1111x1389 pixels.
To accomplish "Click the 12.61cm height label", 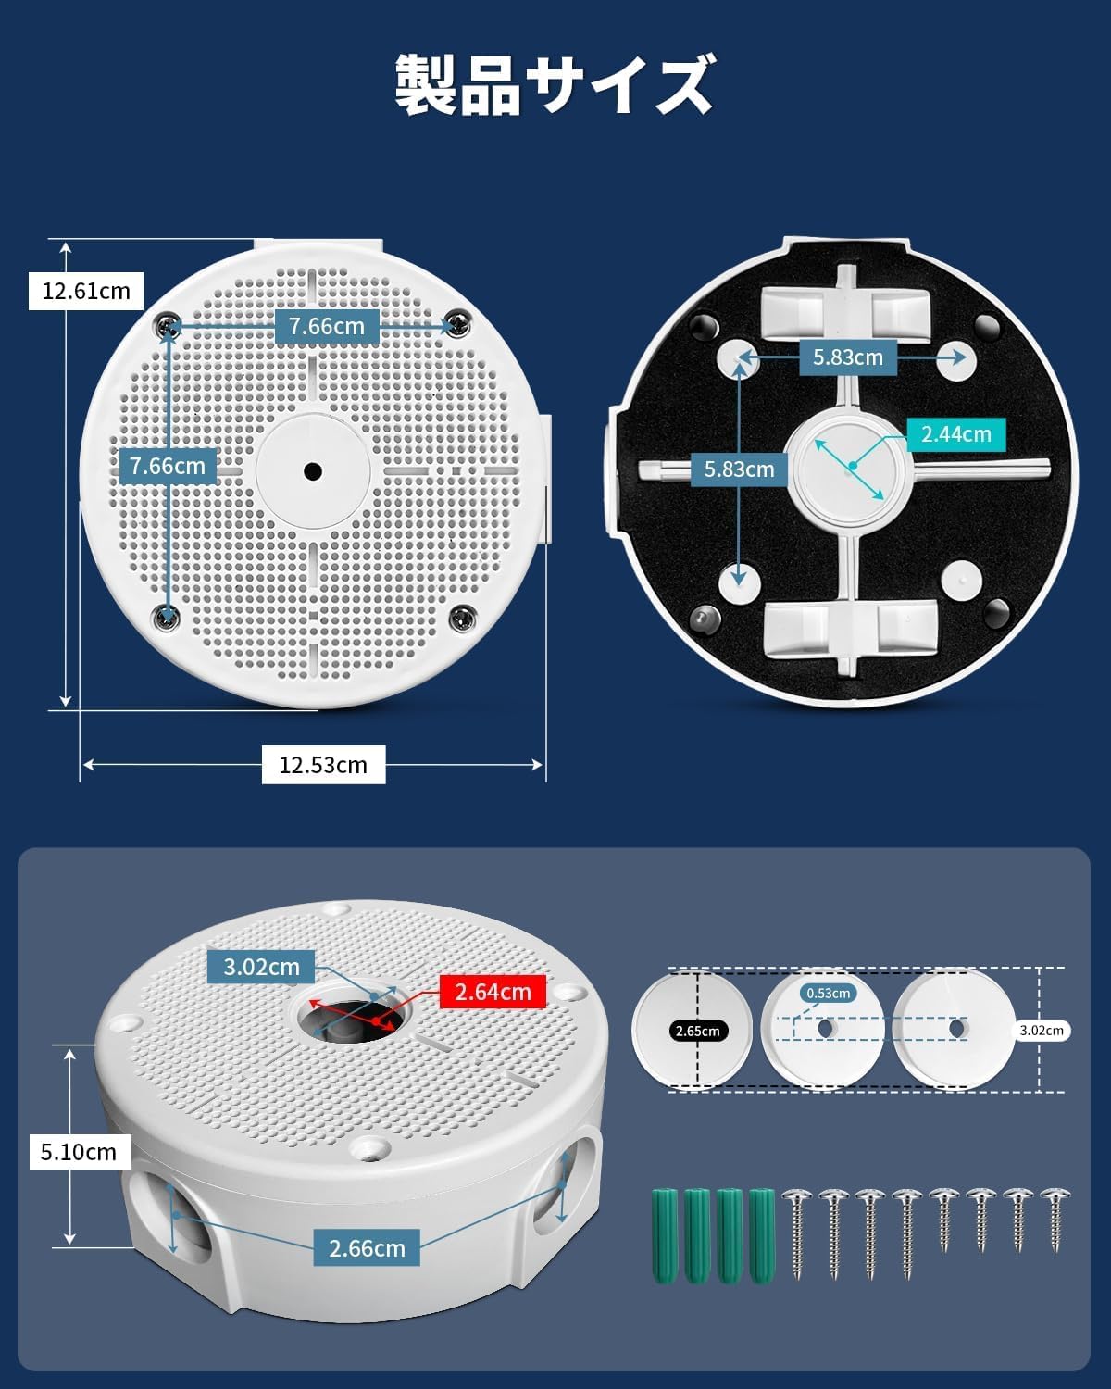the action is pyautogui.click(x=86, y=291).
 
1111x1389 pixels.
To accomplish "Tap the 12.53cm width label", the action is pyautogui.click(x=323, y=765).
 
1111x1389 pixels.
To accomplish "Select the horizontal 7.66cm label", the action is pyautogui.click(x=327, y=326).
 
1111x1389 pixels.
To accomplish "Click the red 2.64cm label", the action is pyautogui.click(x=493, y=992).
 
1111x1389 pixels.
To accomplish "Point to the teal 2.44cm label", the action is pyautogui.click(x=956, y=434).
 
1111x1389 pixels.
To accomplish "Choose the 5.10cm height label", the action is pyautogui.click(x=80, y=1151).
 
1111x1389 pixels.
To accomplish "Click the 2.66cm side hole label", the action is pyautogui.click(x=367, y=1248).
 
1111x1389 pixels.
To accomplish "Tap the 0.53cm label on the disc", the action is pyautogui.click(x=829, y=993).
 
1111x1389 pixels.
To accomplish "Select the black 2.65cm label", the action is pyautogui.click(x=698, y=1031).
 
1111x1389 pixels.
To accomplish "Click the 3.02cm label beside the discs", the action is pyautogui.click(x=1042, y=1030).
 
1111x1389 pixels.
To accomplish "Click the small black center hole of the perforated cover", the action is pyautogui.click(x=313, y=471).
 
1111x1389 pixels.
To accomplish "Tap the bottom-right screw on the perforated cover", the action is pyautogui.click(x=463, y=618).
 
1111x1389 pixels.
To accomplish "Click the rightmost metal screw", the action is pyautogui.click(x=1056, y=1220).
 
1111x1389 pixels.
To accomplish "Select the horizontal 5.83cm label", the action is pyautogui.click(x=848, y=357).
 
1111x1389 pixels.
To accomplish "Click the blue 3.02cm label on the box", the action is pyautogui.click(x=261, y=967).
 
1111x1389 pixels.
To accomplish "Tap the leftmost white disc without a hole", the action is pyautogui.click(x=692, y=1030).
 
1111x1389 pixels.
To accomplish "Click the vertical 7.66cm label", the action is pyautogui.click(x=168, y=466).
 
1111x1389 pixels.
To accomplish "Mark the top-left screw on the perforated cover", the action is pyautogui.click(x=169, y=326).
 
